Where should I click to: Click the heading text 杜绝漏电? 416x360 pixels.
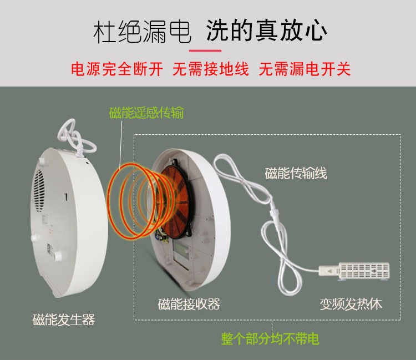click(142, 31)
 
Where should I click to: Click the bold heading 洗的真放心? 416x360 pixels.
click(267, 31)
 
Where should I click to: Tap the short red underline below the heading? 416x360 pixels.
click(205, 50)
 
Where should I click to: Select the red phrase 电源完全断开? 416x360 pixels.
click(117, 69)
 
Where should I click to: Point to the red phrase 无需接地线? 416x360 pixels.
click(211, 69)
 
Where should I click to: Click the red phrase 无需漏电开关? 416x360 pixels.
click(305, 69)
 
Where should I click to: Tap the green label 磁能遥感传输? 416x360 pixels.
click(146, 113)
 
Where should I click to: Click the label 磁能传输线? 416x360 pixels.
click(296, 173)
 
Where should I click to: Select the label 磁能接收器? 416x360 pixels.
click(189, 304)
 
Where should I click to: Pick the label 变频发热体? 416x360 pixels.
click(351, 304)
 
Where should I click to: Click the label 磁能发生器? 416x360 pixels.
click(64, 320)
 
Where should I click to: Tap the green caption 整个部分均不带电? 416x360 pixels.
click(270, 338)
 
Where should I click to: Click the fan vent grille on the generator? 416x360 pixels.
click(39, 190)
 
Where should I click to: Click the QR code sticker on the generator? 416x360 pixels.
click(49, 249)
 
